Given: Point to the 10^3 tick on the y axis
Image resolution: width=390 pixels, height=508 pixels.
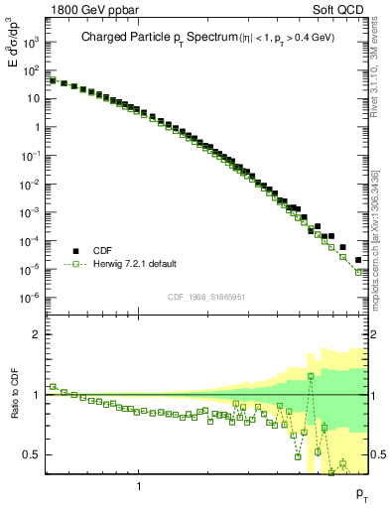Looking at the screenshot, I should (x=31, y=43).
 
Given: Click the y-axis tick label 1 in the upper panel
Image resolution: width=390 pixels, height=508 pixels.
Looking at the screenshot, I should (x=37, y=128).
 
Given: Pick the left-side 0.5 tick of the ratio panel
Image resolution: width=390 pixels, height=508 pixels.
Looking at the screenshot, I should (x=33, y=454).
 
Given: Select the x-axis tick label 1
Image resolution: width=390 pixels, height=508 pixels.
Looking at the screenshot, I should (x=139, y=486).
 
